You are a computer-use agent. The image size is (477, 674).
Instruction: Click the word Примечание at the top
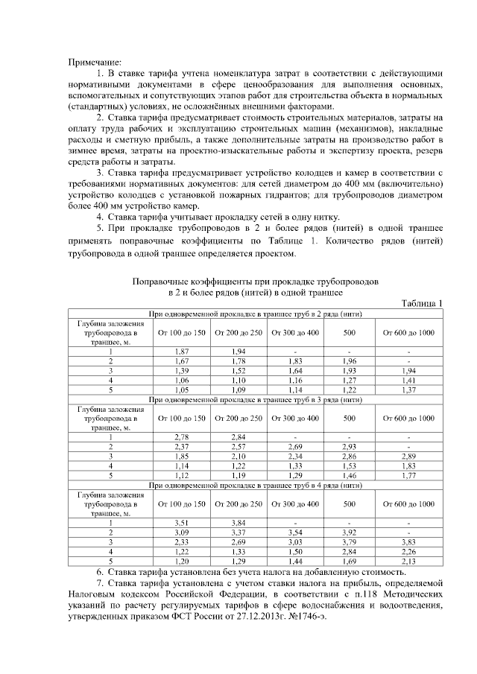pos(95,61)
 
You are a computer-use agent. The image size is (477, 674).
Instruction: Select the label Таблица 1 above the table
pos(422,303)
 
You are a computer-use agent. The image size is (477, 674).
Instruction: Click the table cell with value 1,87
pos(180,350)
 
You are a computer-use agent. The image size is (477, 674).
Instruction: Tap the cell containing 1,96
pos(349,360)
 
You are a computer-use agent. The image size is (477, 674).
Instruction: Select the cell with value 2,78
pos(180,436)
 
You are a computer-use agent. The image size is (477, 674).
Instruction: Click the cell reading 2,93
pos(349,446)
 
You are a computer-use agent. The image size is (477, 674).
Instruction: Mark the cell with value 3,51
pos(180,523)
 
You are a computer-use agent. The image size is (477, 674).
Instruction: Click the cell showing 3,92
pos(349,532)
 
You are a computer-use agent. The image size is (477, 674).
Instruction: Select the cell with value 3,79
pos(349,542)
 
